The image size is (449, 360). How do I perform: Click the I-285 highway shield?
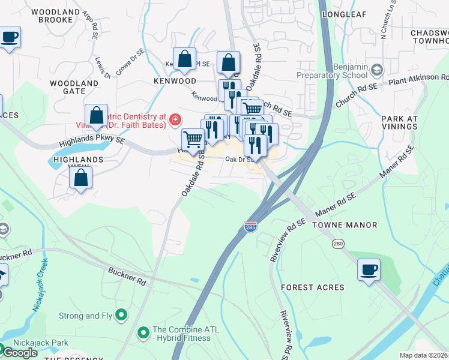(251, 227)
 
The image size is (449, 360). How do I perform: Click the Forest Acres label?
(313, 287)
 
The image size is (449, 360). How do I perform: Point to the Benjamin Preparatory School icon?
(376, 70)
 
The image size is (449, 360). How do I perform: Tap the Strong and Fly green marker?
(121, 314)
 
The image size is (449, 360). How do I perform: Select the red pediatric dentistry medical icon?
(175, 120)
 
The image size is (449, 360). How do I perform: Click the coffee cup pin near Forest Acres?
(369, 269)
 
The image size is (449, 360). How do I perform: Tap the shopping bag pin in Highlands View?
(80, 178)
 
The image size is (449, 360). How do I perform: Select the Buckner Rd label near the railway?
(127, 277)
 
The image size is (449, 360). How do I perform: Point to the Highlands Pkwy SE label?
(92, 142)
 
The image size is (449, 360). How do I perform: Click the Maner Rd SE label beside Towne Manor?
(335, 206)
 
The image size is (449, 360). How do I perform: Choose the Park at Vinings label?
(399, 122)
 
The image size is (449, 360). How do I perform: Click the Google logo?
(20, 352)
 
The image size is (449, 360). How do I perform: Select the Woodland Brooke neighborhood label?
(55, 16)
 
